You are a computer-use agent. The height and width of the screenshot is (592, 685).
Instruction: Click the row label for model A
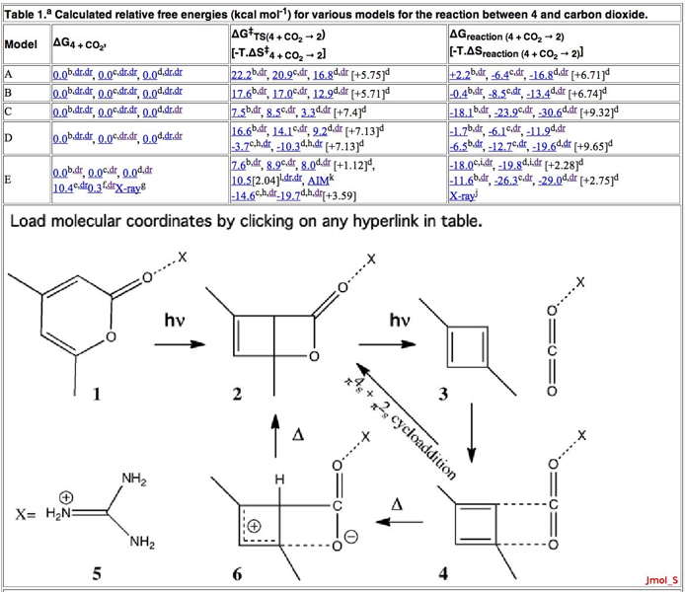[8, 75]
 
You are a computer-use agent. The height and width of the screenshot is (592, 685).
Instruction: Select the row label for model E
[8, 180]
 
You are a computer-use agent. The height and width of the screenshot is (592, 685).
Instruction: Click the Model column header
[21, 45]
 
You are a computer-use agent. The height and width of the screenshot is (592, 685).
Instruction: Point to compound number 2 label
[238, 395]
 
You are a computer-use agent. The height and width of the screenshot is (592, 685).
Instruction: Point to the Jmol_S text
[660, 579]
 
